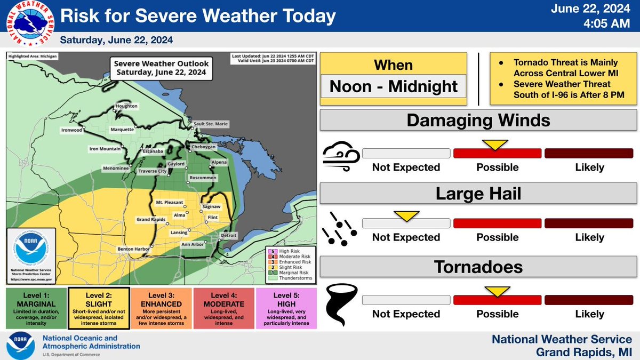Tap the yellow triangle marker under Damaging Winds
[x=494, y=145]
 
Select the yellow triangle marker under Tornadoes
[x=494, y=291]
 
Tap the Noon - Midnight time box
[x=394, y=86]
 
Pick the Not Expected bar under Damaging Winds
[x=406, y=154]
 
